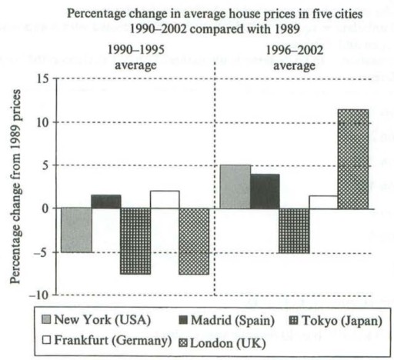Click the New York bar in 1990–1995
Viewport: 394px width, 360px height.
click(x=77, y=230)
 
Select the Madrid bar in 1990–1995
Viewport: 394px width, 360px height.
click(x=106, y=202)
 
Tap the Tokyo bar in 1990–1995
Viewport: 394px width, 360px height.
click(x=135, y=241)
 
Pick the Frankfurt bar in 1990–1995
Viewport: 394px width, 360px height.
click(x=165, y=199)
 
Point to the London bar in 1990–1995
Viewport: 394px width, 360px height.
click(x=194, y=241)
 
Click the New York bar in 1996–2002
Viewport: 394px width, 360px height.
click(x=235, y=187)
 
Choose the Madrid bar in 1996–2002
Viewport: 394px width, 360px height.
click(x=264, y=191)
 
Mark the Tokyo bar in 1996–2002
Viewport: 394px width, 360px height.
click(x=293, y=231)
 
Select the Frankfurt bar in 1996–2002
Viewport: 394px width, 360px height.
click(x=322, y=202)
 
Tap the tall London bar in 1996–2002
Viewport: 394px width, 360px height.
click(x=352, y=158)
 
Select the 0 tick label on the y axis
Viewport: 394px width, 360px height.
click(x=45, y=208)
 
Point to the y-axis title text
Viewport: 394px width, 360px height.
click(x=15, y=185)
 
